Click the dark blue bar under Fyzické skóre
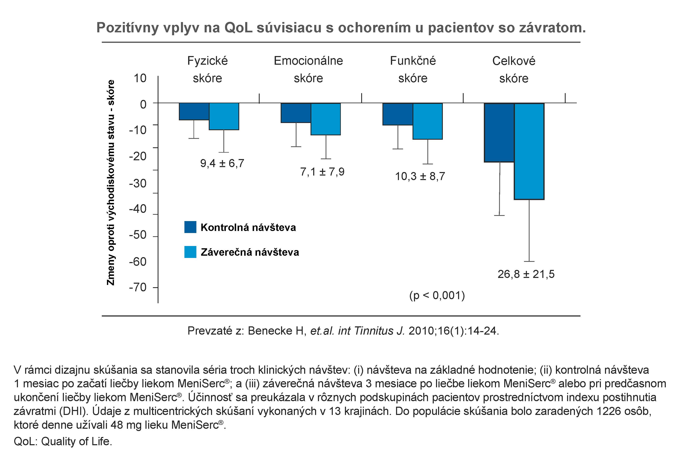point(194,111)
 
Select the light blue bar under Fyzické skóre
point(224,116)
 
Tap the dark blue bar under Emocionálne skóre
point(296,113)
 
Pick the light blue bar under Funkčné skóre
point(427,121)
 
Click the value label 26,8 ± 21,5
point(526,274)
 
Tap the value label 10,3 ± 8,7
point(420,176)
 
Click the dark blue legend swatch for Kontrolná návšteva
point(190,227)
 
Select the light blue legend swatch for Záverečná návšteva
point(190,252)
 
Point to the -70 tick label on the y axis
point(138,287)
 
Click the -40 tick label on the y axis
point(138,209)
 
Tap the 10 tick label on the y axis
point(140,78)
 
